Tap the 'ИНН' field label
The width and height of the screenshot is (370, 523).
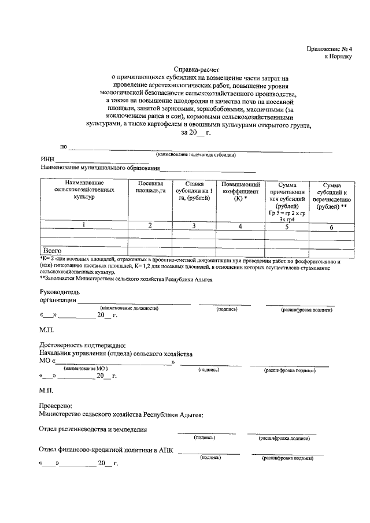(47, 160)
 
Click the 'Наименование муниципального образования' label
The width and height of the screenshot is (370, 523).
(99, 169)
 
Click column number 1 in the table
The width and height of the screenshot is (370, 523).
(84, 225)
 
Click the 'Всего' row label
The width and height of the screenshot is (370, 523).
(53, 251)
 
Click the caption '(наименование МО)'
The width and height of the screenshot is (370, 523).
(86, 368)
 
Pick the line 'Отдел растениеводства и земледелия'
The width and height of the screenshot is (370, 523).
(92, 429)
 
